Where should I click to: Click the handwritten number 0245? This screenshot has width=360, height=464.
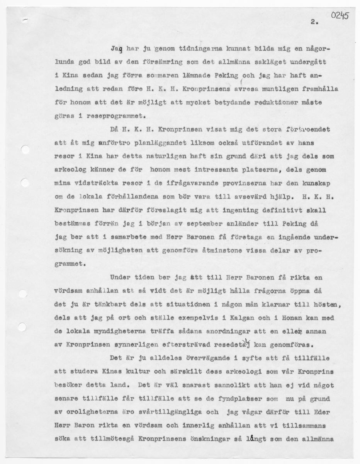pyautogui.click(x=340, y=15)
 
